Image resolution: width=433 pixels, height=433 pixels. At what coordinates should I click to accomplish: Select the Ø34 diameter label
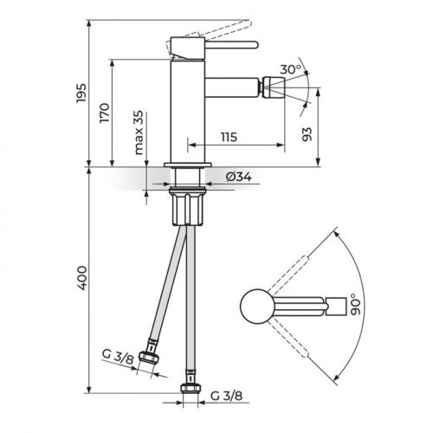[238, 177]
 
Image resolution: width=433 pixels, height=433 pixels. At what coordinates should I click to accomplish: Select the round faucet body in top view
[254, 305]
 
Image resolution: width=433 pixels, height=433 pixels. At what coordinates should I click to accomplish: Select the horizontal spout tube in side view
[234, 88]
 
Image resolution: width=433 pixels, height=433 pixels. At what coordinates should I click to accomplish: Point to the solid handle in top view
[299, 305]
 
